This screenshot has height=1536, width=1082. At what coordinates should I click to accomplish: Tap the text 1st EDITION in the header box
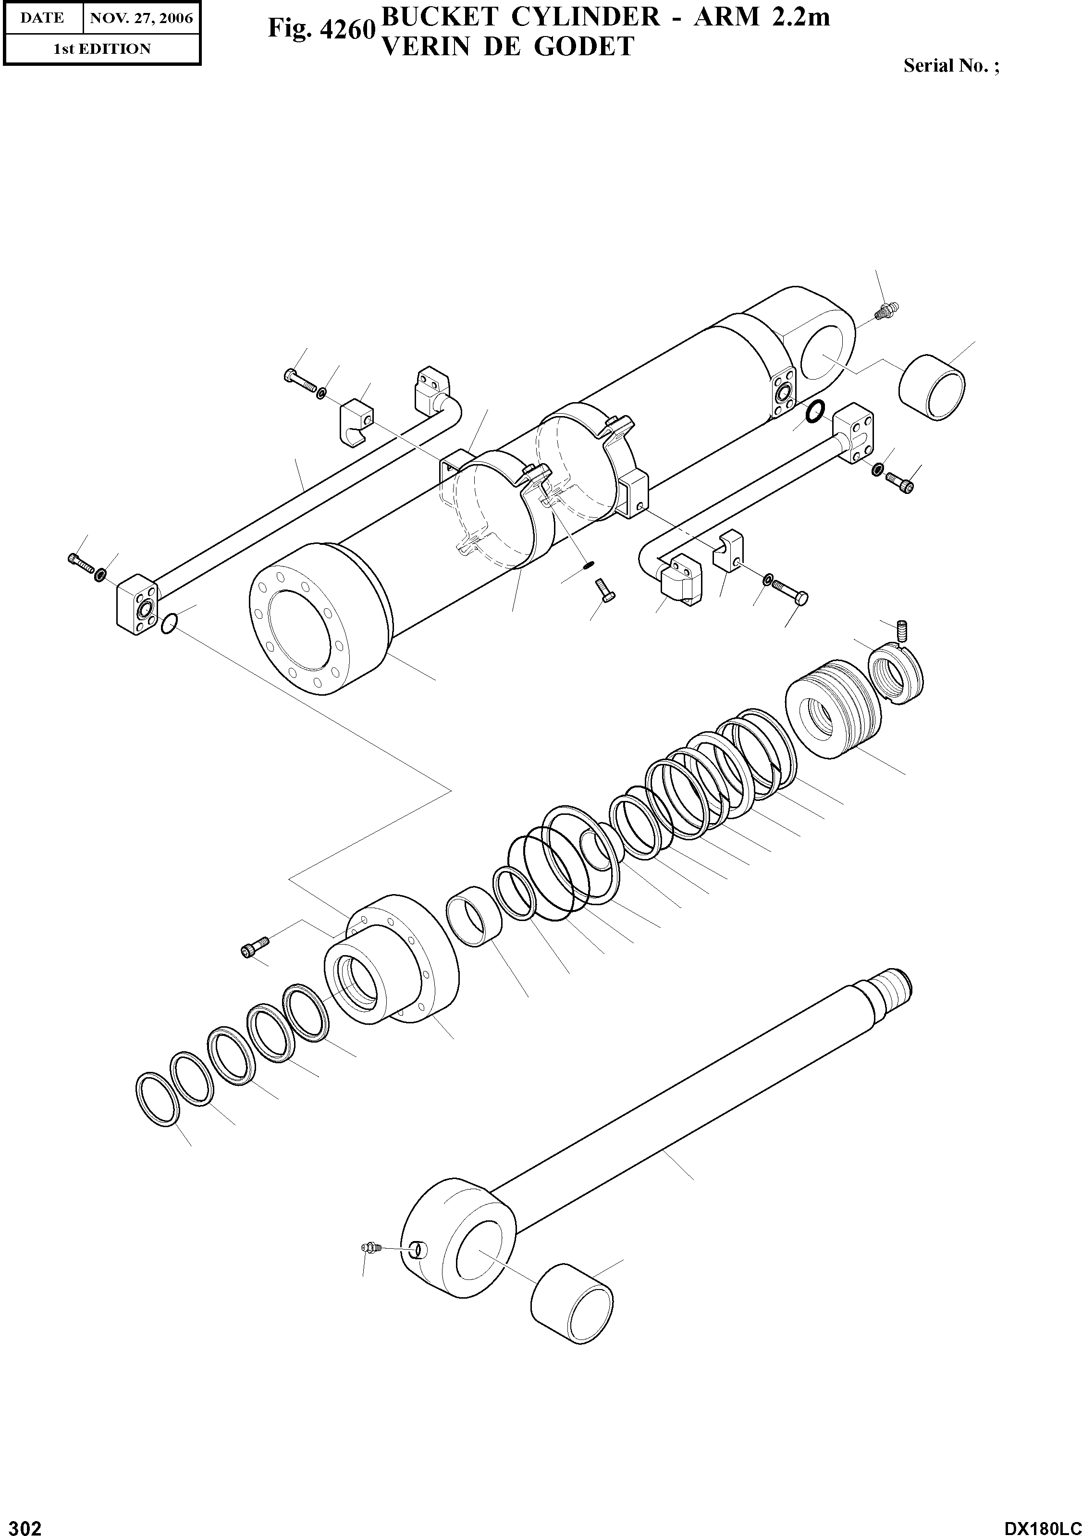coord(102,49)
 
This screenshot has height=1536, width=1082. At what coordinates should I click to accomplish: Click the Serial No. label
coord(950,65)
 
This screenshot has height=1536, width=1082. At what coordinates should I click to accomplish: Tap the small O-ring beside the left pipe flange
coord(169,624)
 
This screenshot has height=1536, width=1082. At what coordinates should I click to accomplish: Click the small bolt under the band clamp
coord(604,590)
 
